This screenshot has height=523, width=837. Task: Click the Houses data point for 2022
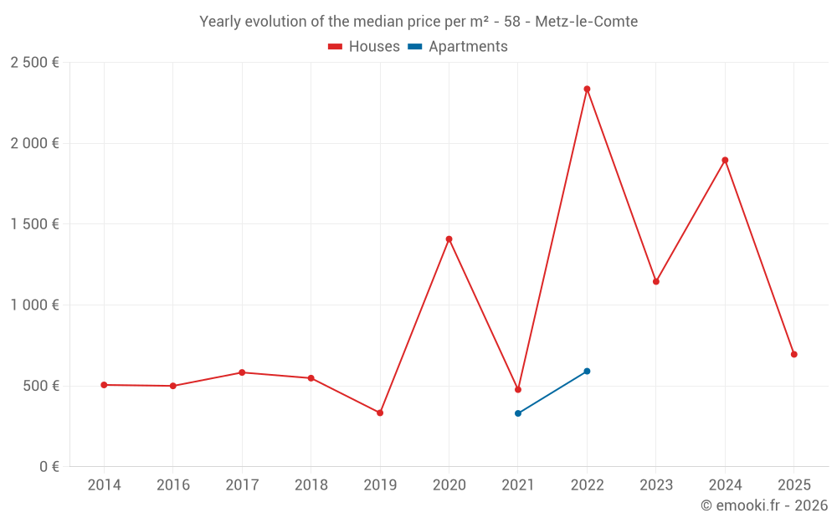[x=587, y=89]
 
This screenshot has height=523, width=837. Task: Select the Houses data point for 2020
[x=449, y=239]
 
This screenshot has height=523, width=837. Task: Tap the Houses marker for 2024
[x=725, y=160]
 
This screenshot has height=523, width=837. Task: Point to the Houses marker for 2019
[x=380, y=413]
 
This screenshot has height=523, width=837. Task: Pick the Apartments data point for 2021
[x=518, y=413]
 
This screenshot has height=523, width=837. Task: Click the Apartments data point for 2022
[x=587, y=371]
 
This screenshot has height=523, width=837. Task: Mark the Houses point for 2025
[x=793, y=354]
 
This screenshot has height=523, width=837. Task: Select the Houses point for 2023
[x=656, y=281]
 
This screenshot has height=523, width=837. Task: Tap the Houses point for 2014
[x=104, y=385]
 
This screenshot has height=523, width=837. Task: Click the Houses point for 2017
[x=242, y=372]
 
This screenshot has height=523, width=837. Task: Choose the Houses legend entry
[x=364, y=47]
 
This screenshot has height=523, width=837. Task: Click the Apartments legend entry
[x=458, y=47]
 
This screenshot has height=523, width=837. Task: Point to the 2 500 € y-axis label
[x=34, y=63]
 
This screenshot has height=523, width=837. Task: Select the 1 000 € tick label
[x=34, y=305]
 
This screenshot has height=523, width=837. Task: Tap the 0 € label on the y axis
[x=49, y=467]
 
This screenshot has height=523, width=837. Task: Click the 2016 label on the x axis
[x=173, y=485]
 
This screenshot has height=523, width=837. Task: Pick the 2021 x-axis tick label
[x=518, y=485]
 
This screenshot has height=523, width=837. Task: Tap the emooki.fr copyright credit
[x=764, y=505]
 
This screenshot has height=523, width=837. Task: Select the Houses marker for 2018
[x=311, y=378]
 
